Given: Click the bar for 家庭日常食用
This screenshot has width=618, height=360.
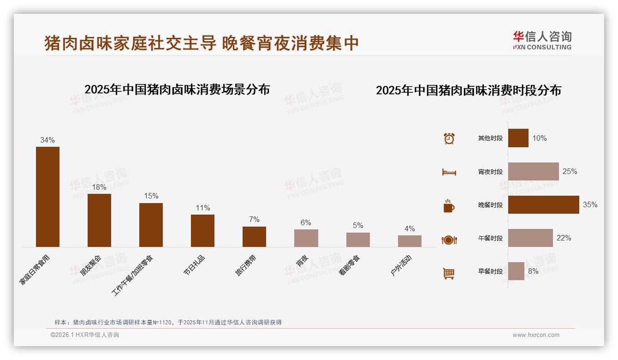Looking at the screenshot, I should coord(48,197).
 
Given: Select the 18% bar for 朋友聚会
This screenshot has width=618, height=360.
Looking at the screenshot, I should coord(99,220).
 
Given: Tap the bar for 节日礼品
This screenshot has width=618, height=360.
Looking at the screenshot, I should coord(202,230).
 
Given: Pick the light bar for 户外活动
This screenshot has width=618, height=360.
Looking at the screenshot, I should coord(410,241).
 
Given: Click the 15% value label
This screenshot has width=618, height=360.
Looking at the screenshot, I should coord(151,196).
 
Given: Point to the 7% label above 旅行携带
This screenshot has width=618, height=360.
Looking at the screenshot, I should coord(254,219).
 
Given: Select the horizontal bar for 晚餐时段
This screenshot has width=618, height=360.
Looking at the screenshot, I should coord(543,204).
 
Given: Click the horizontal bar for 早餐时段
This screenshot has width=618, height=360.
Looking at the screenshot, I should coord(516,271).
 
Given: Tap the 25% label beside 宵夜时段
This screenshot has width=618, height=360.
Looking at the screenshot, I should coord(570,171).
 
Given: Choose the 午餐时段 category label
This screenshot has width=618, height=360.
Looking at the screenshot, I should coord(490,238).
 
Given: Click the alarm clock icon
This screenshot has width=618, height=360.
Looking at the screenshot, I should coord(449,138).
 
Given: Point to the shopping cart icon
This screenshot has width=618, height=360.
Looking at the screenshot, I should coord(449,273).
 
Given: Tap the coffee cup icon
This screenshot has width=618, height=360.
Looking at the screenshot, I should coord(449,206).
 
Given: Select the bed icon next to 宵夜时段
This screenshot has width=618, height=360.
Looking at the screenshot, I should coord(449,172).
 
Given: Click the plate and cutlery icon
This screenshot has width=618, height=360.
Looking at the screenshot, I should coord(449,240).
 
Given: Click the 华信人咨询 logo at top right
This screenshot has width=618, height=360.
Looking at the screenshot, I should coord(542,41).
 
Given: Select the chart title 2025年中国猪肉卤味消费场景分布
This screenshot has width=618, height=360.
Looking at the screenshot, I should coord(177,89).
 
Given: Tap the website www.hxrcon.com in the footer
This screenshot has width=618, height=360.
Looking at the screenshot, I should coord(536,335).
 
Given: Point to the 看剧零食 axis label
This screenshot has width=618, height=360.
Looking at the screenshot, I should coord(350,265).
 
